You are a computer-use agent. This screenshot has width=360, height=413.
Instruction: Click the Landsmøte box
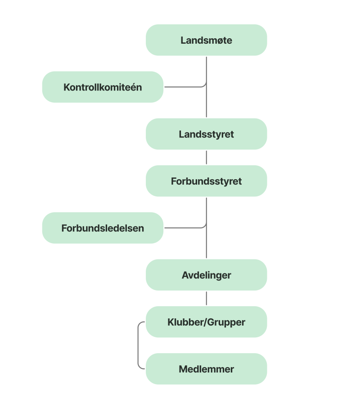point(206,40)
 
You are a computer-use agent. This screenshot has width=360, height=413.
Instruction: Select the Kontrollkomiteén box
point(103,87)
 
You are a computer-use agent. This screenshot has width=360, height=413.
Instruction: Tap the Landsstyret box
point(206,134)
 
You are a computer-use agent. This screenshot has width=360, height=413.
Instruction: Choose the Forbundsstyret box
point(206,181)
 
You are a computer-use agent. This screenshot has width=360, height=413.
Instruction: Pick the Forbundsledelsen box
point(103,228)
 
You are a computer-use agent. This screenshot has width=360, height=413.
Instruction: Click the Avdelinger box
point(206,275)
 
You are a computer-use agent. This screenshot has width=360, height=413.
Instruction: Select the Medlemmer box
point(206,369)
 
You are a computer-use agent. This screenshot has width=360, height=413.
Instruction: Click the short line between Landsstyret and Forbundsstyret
point(206,158)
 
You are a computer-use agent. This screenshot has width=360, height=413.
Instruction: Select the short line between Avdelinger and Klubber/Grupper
point(206,299)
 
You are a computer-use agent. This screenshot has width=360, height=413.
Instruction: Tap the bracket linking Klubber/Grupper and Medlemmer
point(138,345)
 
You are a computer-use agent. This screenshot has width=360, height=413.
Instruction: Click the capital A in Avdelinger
point(185,275)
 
